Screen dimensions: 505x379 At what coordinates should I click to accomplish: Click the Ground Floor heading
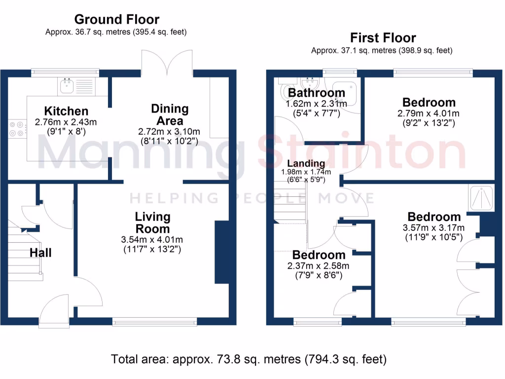pyautogui.click(x=116, y=19)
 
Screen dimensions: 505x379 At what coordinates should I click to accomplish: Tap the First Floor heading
pyautogui.click(x=383, y=38)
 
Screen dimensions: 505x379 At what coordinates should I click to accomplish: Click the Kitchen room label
pyautogui.click(x=66, y=111)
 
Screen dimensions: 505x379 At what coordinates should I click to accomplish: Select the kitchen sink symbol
pyautogui.click(x=76, y=86)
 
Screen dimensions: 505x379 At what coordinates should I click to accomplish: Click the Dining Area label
pyautogui.click(x=170, y=114)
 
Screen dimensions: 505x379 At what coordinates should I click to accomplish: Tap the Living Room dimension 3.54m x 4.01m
pyautogui.click(x=152, y=240)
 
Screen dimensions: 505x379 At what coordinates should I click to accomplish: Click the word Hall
pyautogui.click(x=40, y=252)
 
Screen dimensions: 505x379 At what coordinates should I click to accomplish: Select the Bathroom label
pyautogui.click(x=317, y=93)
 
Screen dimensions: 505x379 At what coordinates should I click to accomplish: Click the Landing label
pyautogui.click(x=306, y=163)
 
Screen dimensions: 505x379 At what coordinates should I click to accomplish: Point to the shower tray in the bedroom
pyautogui.click(x=481, y=197)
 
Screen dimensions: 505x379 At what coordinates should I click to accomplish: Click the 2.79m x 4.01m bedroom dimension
pyautogui.click(x=429, y=114)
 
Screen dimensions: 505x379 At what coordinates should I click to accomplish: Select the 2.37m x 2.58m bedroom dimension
pyautogui.click(x=318, y=266)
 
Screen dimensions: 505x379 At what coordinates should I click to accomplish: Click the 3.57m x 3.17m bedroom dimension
pyautogui.click(x=433, y=228)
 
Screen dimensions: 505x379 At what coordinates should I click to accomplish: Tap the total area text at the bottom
pyautogui.click(x=249, y=359)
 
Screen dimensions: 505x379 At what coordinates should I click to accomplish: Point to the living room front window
pyautogui.click(x=154, y=321)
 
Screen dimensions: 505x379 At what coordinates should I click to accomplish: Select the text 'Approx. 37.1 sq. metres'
pyautogui.click(x=354, y=51)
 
